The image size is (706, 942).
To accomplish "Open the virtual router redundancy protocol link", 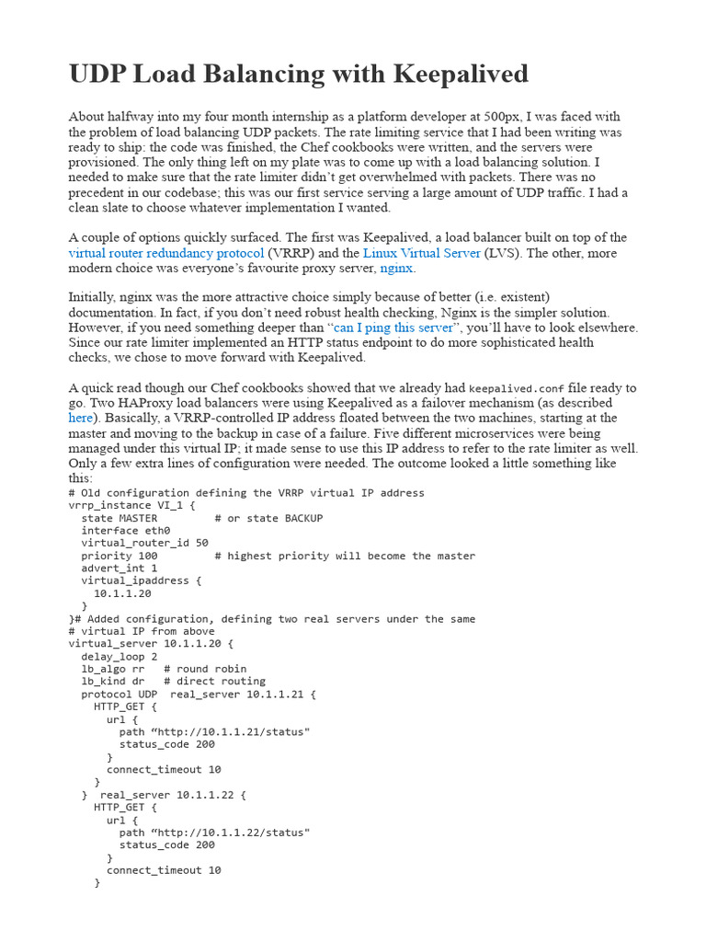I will pyautogui.click(x=166, y=253).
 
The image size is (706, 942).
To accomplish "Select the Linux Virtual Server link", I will pyautogui.click(x=422, y=253).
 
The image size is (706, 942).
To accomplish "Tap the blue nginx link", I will pyautogui.click(x=397, y=269).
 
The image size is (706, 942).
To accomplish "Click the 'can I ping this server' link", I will pyautogui.click(x=393, y=327).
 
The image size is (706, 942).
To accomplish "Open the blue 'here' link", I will pyautogui.click(x=81, y=418).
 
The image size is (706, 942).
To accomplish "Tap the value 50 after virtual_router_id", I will pyautogui.click(x=202, y=544).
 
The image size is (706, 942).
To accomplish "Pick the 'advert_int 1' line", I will pyautogui.click(x=120, y=569).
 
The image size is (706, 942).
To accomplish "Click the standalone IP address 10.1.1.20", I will pyautogui.click(x=122, y=593).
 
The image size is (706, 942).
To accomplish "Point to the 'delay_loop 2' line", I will pyautogui.click(x=120, y=657).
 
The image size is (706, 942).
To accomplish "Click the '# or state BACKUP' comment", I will pyautogui.click(x=269, y=518).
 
